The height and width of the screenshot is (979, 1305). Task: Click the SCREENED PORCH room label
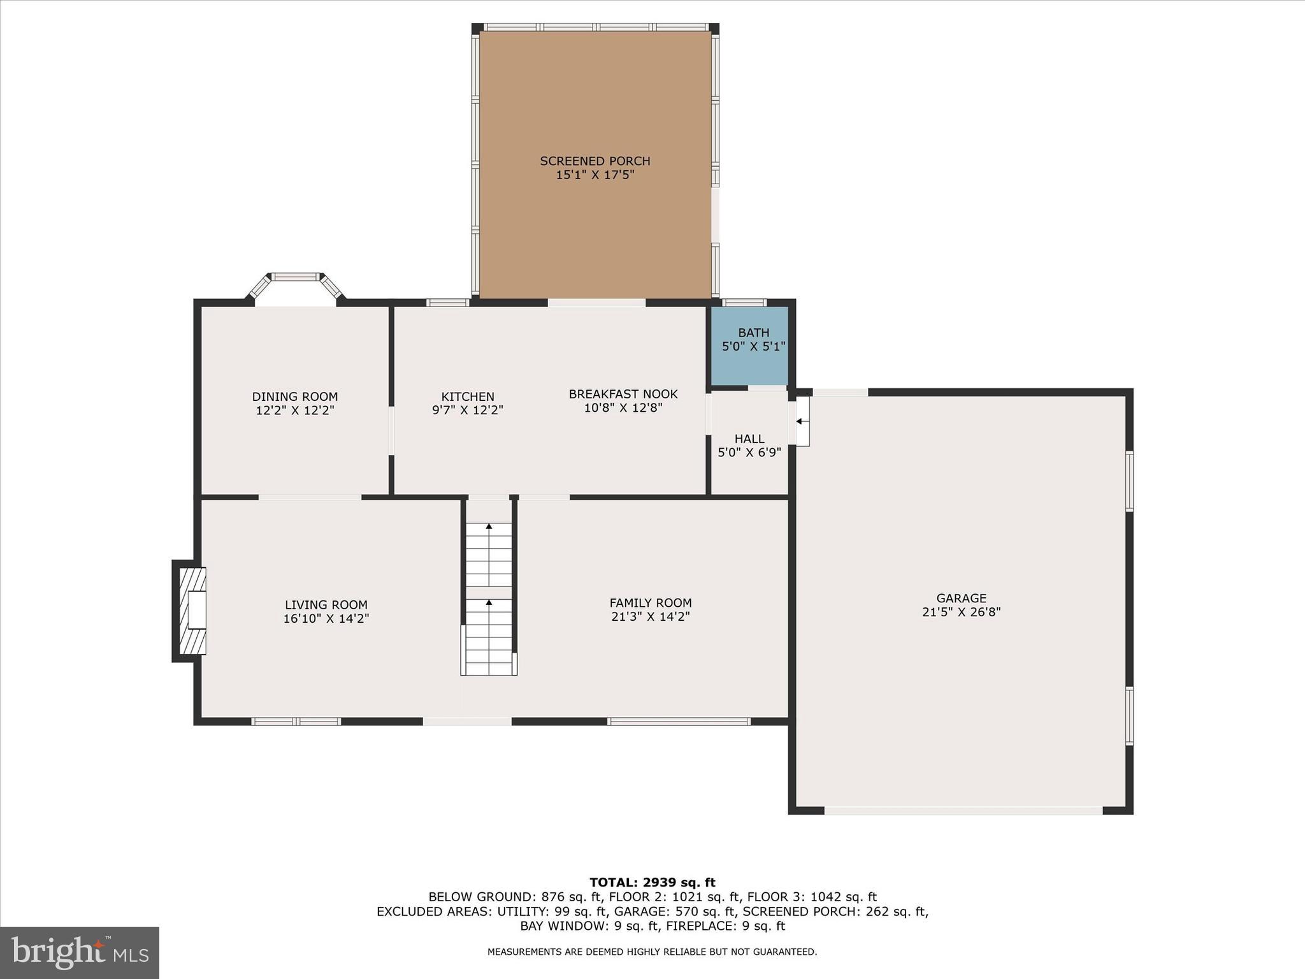click(x=595, y=161)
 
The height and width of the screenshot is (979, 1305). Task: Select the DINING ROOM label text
click(x=294, y=397)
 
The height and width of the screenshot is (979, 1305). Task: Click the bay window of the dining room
click(x=296, y=278)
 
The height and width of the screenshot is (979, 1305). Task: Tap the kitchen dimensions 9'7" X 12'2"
click(x=468, y=410)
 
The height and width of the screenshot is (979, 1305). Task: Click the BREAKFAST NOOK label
click(x=623, y=394)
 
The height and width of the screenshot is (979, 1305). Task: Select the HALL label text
click(x=749, y=439)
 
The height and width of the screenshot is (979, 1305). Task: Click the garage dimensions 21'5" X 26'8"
click(x=961, y=612)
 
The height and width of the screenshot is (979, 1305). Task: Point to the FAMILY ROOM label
click(x=651, y=602)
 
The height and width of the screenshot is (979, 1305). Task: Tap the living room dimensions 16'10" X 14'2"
click(x=326, y=618)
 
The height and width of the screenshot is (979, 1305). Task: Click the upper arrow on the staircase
click(x=489, y=526)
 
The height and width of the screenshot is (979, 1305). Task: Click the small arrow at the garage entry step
click(x=799, y=421)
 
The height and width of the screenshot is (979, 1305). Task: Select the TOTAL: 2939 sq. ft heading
click(x=652, y=883)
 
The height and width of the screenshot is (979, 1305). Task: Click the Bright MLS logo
click(x=80, y=952)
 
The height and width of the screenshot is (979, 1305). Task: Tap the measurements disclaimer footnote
click(x=652, y=952)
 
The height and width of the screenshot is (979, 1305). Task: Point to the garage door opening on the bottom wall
click(x=963, y=811)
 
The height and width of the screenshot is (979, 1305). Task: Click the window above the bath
click(x=744, y=303)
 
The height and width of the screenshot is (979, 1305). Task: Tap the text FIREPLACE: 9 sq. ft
click(x=725, y=926)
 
